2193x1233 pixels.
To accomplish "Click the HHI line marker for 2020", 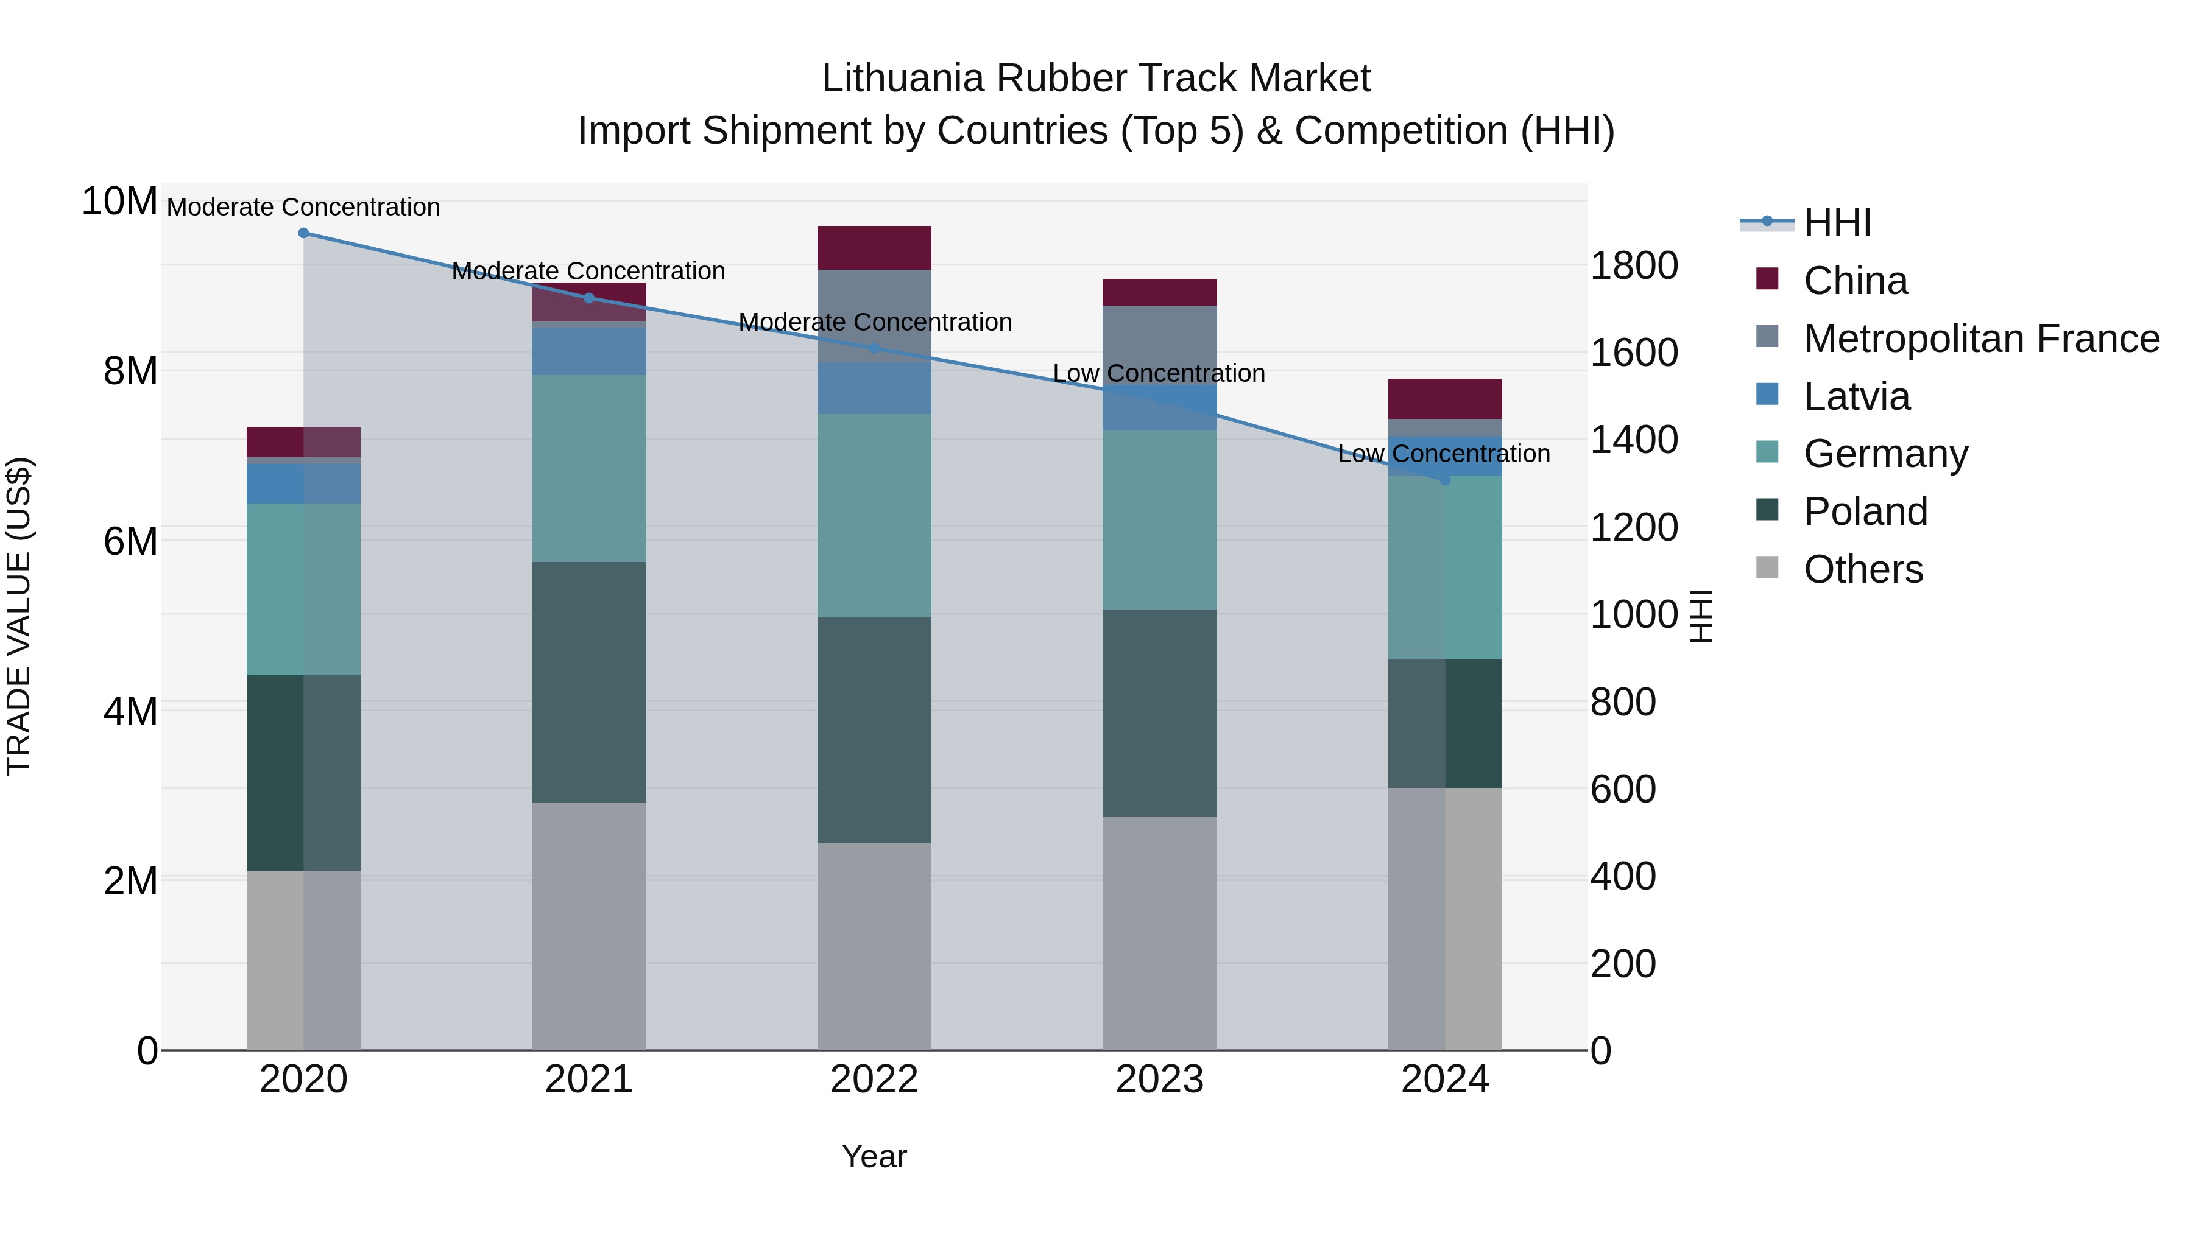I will click(x=303, y=233).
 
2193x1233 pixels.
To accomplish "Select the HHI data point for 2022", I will click(x=874, y=348).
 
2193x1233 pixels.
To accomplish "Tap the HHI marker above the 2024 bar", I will click(x=1445, y=480).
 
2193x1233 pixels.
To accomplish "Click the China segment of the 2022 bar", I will click(x=874, y=248).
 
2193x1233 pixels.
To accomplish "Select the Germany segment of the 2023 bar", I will click(x=1159, y=520).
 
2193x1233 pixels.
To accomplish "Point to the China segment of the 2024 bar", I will click(x=1445, y=398).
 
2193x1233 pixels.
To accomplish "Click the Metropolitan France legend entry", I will click(x=1980, y=339).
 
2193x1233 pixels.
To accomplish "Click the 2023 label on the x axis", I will click(x=1159, y=1080).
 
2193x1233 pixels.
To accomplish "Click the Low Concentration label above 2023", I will click(x=1159, y=374).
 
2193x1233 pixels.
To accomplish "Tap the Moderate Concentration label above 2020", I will click(x=303, y=207).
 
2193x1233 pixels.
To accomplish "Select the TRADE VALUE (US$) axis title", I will click(x=19, y=616).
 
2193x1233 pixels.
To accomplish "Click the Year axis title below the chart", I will click(x=874, y=1156).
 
